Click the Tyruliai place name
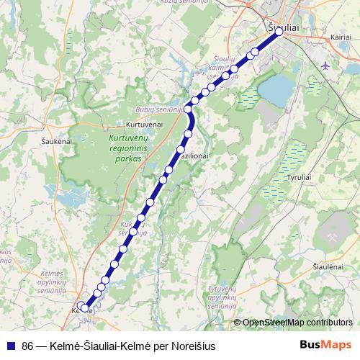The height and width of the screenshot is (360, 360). point(299,176)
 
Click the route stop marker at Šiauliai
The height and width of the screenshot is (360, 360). point(279,32)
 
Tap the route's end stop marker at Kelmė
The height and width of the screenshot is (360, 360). point(84,307)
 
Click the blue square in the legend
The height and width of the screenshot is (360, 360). point(9,345)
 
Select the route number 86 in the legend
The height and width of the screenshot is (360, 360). point(28,345)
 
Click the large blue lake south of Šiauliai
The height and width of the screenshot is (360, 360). point(276,89)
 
